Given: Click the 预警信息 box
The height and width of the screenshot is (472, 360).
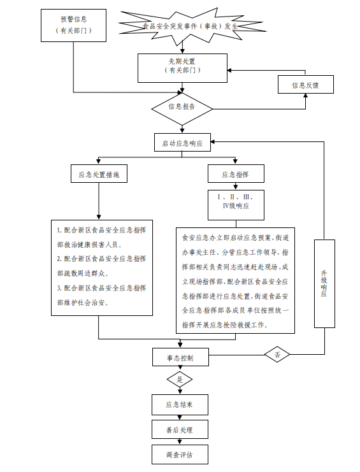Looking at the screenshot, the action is [x=73, y=25].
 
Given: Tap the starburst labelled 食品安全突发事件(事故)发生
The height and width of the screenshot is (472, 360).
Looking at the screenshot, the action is [x=191, y=25].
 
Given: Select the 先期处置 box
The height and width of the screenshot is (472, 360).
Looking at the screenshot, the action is [x=182, y=68].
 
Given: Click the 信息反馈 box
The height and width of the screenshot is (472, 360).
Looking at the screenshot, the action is [x=305, y=84].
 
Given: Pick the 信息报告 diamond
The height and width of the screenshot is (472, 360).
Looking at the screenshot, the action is [x=182, y=109].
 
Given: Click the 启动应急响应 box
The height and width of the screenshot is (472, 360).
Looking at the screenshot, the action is [x=182, y=143].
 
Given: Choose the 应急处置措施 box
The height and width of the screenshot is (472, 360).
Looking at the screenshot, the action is [x=99, y=173].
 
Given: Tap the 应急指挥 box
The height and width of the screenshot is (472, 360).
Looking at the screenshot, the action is [x=236, y=173].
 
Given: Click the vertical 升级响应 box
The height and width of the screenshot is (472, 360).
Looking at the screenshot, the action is [x=324, y=283].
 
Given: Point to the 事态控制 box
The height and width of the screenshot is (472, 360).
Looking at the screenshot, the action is [x=180, y=357].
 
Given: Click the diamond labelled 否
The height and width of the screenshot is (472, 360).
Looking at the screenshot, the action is [x=277, y=354].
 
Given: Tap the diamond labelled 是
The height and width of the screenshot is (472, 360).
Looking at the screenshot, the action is [x=180, y=380].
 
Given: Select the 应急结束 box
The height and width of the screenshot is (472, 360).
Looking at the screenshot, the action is [x=180, y=404].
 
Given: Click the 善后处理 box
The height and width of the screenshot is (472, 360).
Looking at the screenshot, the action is [x=180, y=429].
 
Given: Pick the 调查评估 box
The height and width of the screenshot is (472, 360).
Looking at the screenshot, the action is [x=180, y=454].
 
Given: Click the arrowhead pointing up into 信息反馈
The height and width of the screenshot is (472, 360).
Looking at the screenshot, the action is [x=305, y=96].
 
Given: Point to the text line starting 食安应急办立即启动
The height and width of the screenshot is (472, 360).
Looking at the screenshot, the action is [x=235, y=238].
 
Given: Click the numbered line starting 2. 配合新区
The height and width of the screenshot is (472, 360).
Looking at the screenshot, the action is [x=102, y=259].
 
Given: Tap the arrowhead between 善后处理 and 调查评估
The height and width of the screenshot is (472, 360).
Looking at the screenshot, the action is [x=180, y=442].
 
